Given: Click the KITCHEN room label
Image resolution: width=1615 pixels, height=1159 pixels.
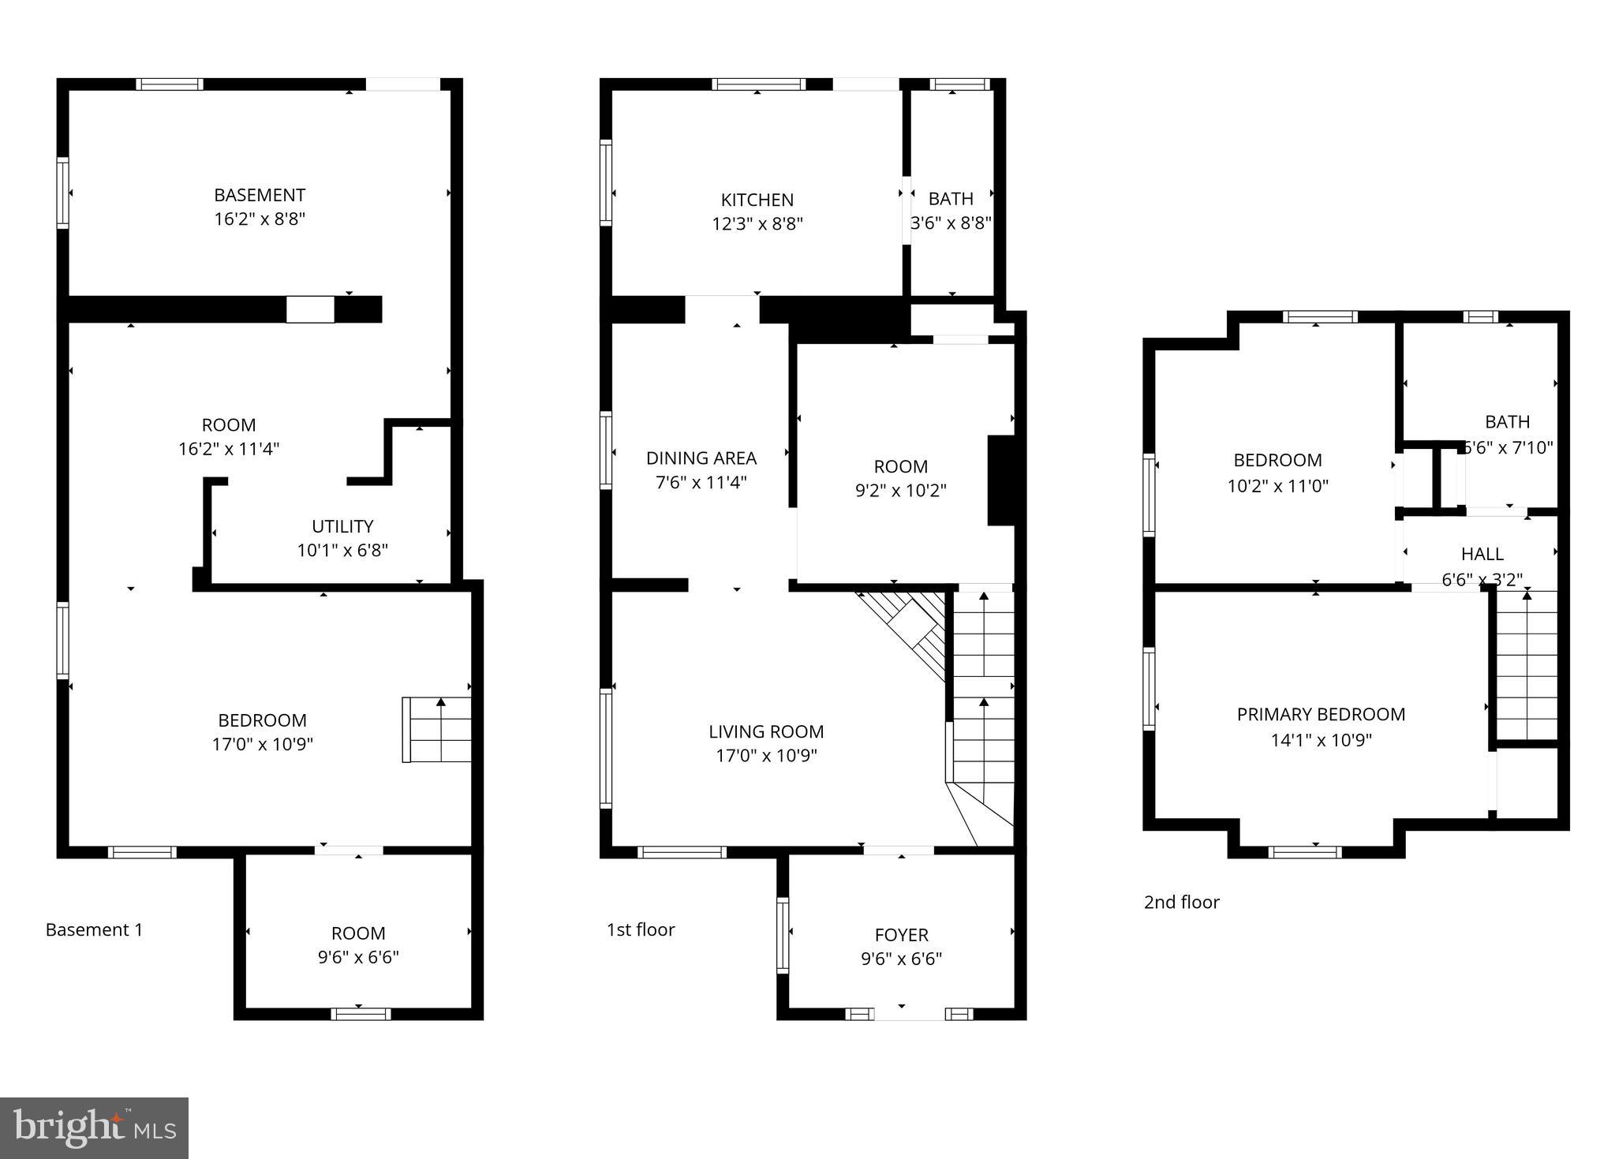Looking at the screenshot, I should coord(757,200).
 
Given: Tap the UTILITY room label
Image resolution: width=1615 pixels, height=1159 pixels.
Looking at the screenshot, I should coord(342,526).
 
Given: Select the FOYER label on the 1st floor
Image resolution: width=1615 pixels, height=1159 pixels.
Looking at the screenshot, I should coord(901,935).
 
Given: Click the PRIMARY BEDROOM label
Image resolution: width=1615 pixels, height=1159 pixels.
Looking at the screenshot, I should coord(1321,715).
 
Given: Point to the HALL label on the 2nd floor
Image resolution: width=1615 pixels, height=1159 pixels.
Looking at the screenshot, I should coord(1482,554).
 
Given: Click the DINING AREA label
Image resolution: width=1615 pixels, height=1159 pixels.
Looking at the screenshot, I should coord(701,458).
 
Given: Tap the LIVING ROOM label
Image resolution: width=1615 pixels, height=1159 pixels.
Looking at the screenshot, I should coord(766,732).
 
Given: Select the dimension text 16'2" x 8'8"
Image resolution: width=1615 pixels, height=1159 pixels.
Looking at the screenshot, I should coord(260,219).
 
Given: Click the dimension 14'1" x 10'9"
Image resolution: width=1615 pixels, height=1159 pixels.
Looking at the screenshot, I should coord(1321,740).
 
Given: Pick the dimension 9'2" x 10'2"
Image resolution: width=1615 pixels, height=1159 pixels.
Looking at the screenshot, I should coord(900,491).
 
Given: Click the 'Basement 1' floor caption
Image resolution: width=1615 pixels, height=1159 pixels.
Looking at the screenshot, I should coord(94,930).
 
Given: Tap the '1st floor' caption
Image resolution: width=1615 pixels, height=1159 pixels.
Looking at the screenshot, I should coord(640,930).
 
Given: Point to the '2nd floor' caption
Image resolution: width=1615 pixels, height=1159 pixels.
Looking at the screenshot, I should coord(1181,903).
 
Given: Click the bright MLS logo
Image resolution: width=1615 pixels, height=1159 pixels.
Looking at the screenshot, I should coord(94,1127).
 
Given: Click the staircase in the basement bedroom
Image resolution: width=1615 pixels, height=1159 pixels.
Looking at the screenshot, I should coord(437,730).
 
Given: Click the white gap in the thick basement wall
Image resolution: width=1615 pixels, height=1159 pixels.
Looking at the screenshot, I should coord(310,309).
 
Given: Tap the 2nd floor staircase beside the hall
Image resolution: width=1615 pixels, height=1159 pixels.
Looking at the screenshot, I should coord(1527,667).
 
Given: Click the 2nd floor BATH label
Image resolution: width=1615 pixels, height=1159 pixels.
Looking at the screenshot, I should coord(1507,422).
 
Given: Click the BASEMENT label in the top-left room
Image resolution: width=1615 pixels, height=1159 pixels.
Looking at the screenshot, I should coord(260,195).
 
